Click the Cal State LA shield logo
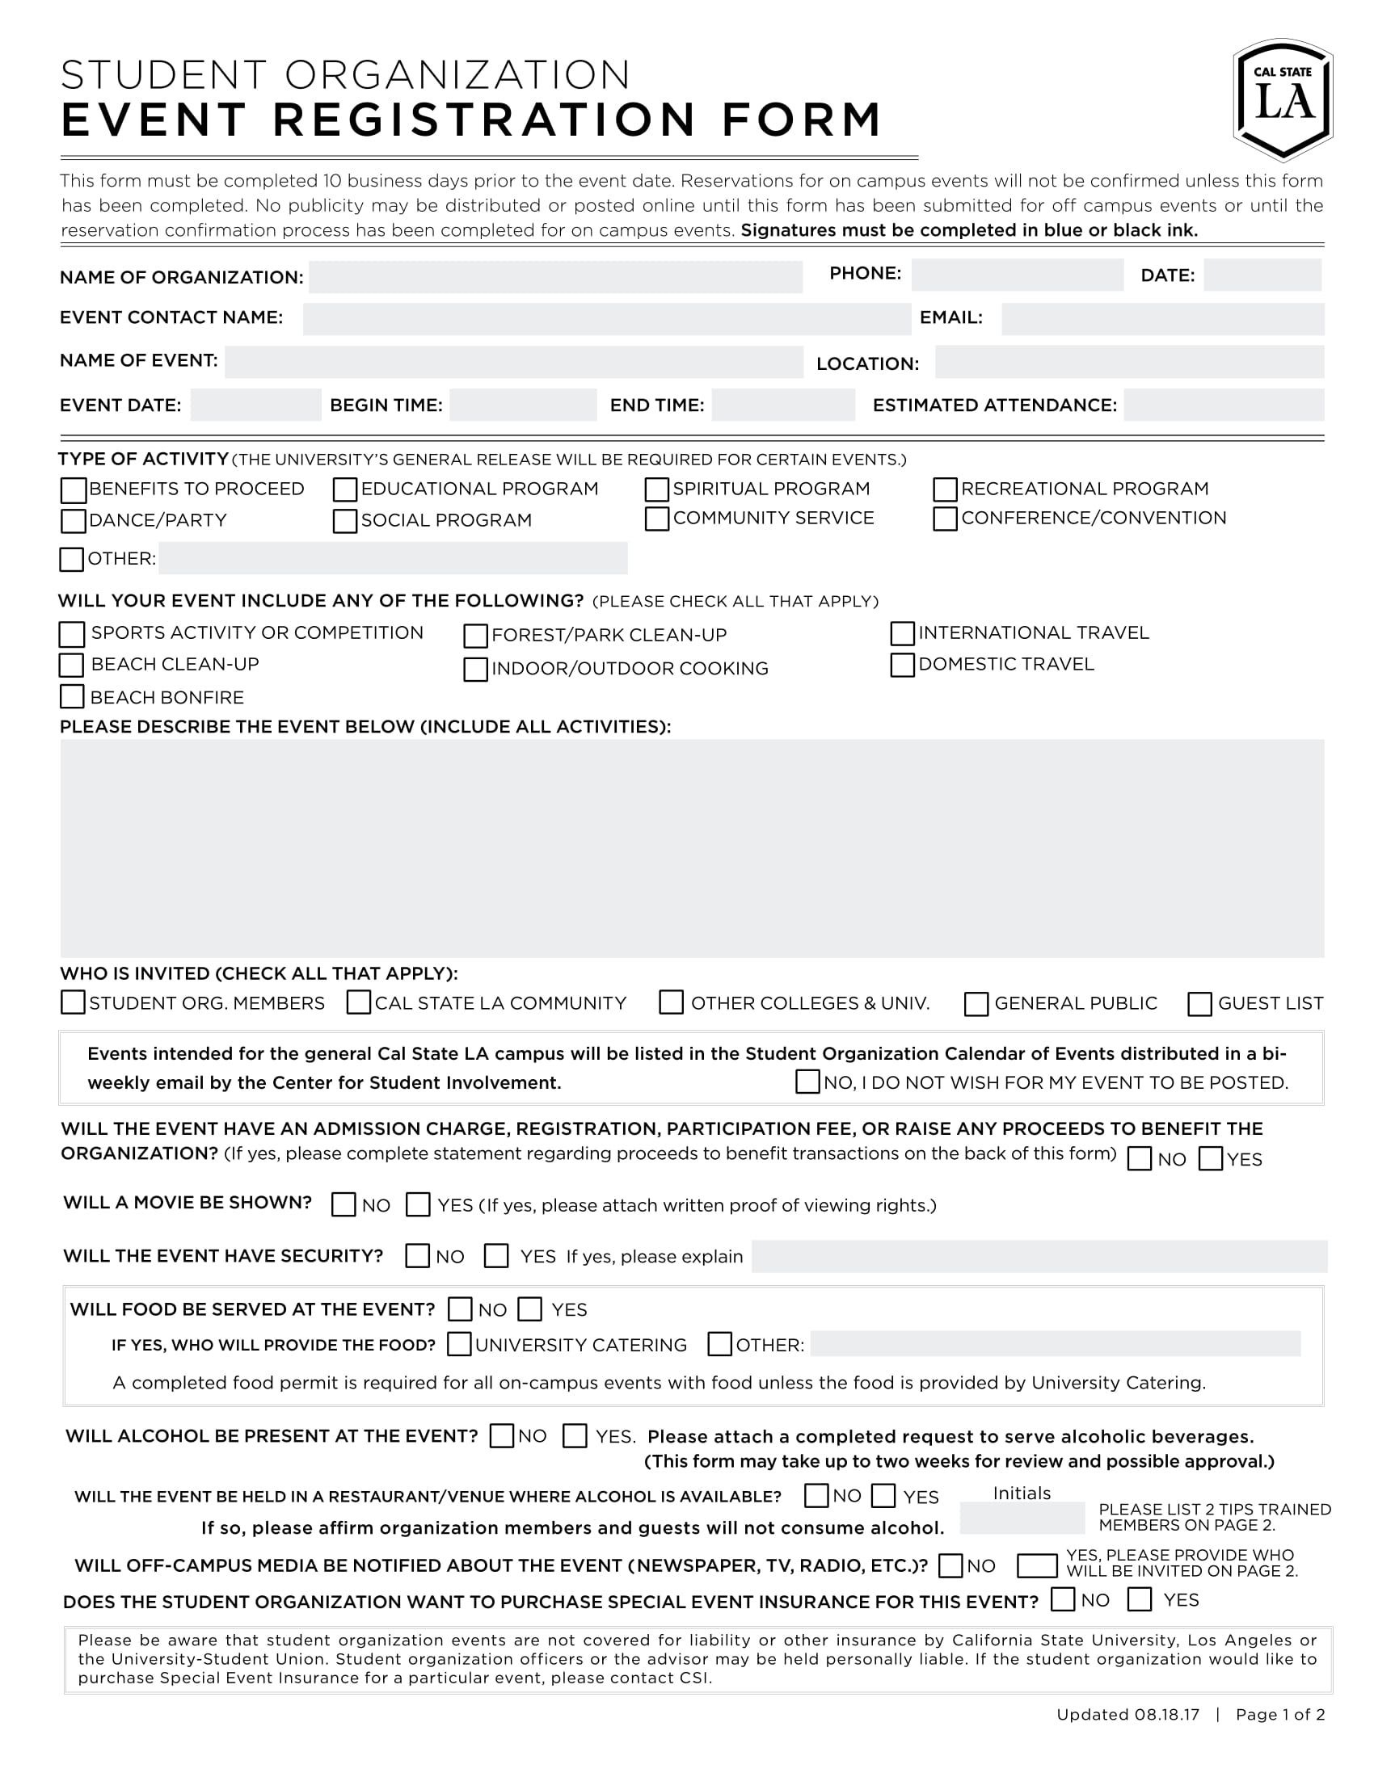point(1283,99)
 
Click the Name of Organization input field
point(555,276)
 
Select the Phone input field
point(1017,275)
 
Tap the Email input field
point(1161,319)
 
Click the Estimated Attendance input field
point(1224,405)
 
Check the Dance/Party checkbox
point(74,521)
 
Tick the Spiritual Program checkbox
point(656,489)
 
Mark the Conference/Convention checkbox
point(944,519)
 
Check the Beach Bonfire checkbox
point(72,696)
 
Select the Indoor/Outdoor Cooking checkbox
point(475,669)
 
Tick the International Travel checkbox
point(902,633)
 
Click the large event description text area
point(692,848)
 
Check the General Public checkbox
point(976,1004)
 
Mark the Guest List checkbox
point(1199,1004)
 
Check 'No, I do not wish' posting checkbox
point(807,1082)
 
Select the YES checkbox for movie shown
point(418,1204)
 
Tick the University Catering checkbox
point(459,1344)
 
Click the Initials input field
point(1022,1519)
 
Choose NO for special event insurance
point(1062,1599)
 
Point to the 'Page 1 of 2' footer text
point(1279,1714)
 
